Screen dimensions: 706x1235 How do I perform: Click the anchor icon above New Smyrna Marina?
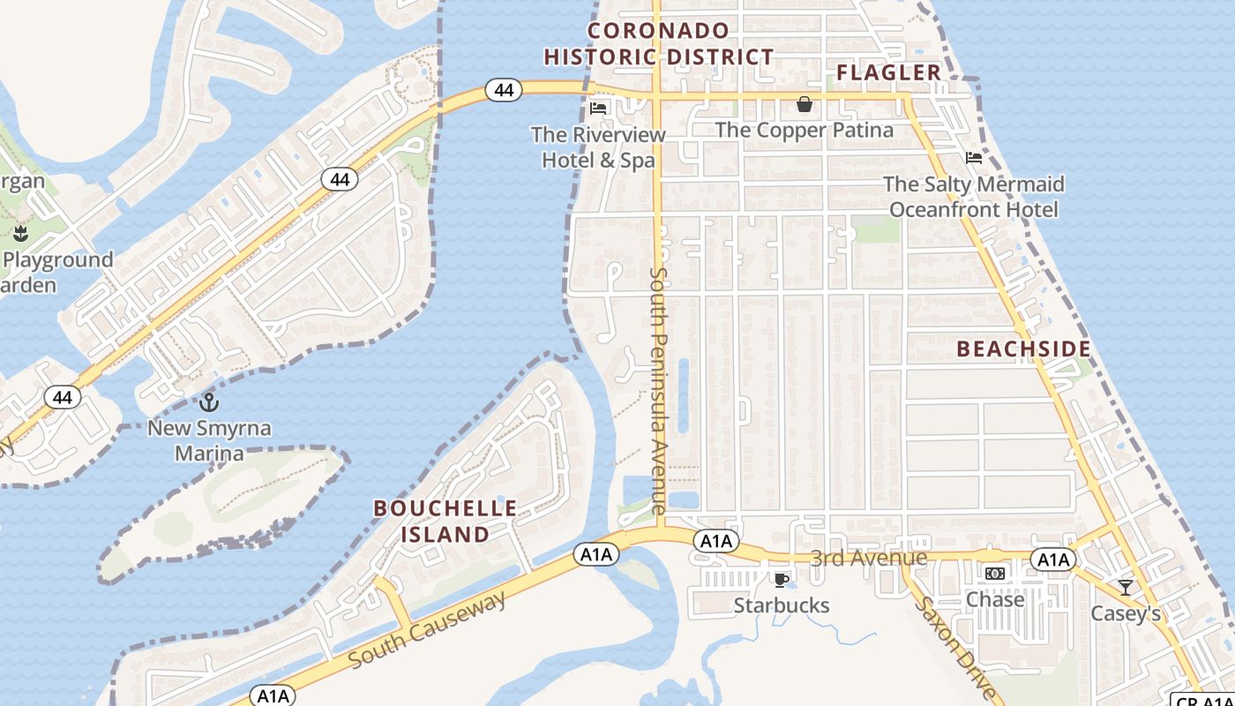click(x=209, y=403)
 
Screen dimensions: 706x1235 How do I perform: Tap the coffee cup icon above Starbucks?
click(x=781, y=580)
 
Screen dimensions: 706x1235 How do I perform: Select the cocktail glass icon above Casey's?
click(x=1125, y=587)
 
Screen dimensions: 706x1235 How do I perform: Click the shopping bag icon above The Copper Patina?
click(x=805, y=105)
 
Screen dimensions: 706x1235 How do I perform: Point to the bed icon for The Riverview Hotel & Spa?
click(x=598, y=109)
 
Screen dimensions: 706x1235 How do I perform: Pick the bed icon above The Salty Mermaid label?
click(x=974, y=158)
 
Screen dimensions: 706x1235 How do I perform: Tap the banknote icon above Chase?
click(x=995, y=574)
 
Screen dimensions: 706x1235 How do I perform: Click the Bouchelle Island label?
click(x=445, y=522)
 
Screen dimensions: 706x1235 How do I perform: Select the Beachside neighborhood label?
click(x=1024, y=349)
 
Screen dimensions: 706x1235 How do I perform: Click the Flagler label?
click(x=888, y=72)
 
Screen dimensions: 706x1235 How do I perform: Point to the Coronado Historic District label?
click(x=658, y=44)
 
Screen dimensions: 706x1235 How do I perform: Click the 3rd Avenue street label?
click(x=869, y=558)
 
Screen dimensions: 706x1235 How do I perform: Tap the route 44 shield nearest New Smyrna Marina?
click(x=62, y=397)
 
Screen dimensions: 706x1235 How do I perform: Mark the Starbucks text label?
click(x=782, y=605)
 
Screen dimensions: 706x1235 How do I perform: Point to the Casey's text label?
click(x=1126, y=613)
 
